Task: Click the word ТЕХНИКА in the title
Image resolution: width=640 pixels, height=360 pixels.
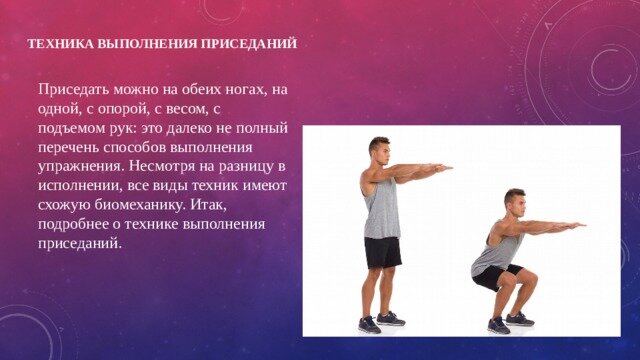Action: [58, 44]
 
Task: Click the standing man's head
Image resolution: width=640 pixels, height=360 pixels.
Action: [379, 148]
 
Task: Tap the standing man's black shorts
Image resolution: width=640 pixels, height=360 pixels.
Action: [382, 252]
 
